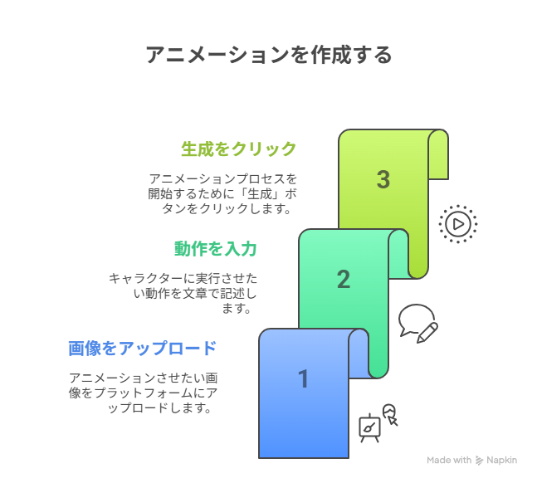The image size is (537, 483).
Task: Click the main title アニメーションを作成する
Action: [x=269, y=55]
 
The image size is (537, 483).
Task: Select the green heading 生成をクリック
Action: [x=239, y=149]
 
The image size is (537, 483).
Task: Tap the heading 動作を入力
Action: [x=216, y=248]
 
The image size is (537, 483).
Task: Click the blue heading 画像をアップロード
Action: [x=143, y=348]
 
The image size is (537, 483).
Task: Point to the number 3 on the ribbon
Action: [x=383, y=179]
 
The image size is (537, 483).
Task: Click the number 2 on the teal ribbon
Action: [x=344, y=279]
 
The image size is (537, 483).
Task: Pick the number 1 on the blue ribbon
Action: [x=304, y=379]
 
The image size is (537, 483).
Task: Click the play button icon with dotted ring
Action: [x=458, y=224]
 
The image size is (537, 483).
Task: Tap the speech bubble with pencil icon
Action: [x=418, y=324]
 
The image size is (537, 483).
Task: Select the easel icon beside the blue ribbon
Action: [x=369, y=428]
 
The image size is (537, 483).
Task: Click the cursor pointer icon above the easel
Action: [x=390, y=414]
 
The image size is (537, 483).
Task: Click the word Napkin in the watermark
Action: [x=501, y=460]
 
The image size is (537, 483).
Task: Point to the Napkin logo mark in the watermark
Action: [x=480, y=461]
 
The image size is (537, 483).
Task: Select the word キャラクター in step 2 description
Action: [x=146, y=278]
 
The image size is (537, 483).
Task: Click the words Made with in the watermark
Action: [x=449, y=460]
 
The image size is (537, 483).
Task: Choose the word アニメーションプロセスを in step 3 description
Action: [x=223, y=178]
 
